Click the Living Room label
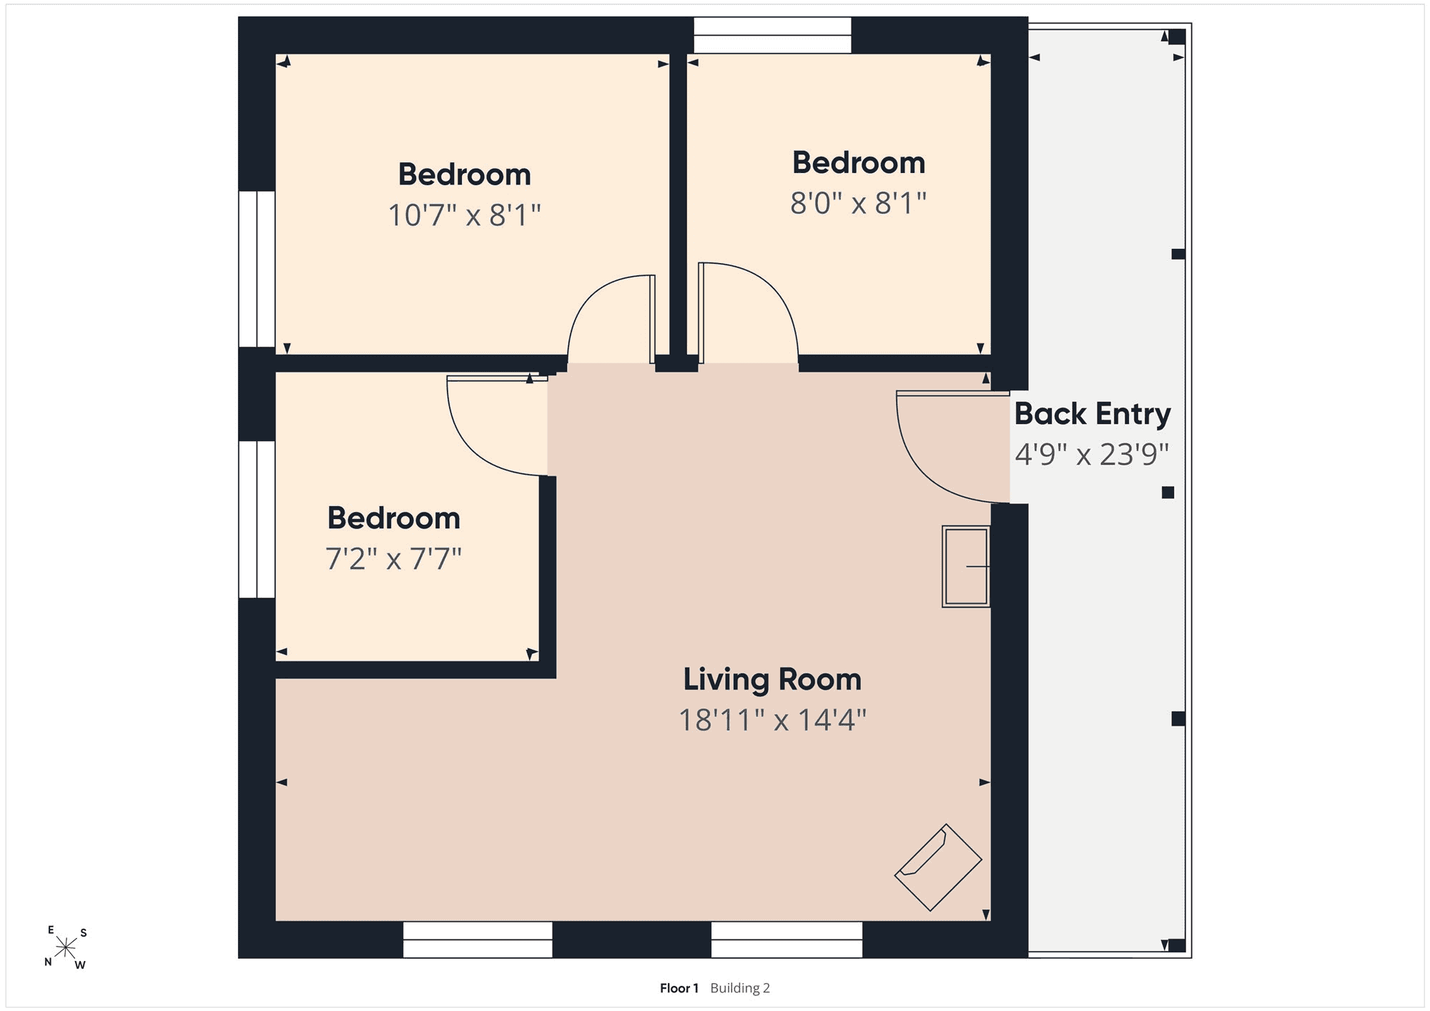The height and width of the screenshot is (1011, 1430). click(x=772, y=679)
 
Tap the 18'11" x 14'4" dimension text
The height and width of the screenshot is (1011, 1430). click(x=772, y=719)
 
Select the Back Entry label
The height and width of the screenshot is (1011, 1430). click(x=1093, y=414)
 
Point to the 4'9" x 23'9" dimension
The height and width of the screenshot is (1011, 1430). click(x=1092, y=454)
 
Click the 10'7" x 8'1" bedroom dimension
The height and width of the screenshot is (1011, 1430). click(x=465, y=214)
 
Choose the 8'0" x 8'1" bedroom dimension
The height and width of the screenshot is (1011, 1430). click(x=858, y=203)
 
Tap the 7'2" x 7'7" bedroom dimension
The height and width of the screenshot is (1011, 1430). click(x=394, y=558)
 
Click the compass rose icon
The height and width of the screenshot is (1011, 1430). click(x=66, y=948)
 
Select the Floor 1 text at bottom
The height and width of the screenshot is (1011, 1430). click(x=679, y=988)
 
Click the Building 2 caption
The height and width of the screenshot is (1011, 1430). click(x=740, y=988)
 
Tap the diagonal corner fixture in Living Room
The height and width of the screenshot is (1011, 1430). click(x=938, y=867)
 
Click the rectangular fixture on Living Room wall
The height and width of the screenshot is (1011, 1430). click(x=966, y=567)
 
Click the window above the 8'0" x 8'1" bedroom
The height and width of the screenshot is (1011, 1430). click(x=772, y=35)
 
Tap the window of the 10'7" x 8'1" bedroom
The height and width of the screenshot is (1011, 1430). click(x=257, y=269)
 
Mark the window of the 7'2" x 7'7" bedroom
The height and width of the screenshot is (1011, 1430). click(x=257, y=519)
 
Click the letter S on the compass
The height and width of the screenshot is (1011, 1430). click(x=84, y=932)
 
